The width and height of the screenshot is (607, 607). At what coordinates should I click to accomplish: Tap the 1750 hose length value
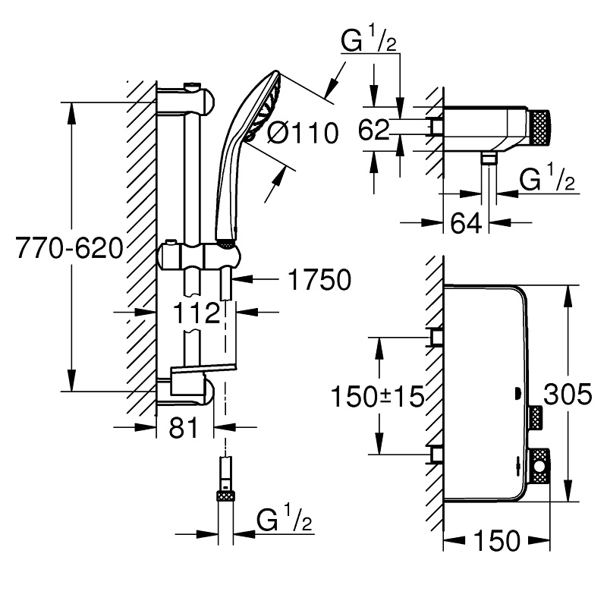click(319, 280)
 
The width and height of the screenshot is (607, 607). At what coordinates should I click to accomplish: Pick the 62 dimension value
click(373, 131)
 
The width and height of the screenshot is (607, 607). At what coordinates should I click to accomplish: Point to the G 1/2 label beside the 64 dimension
click(545, 182)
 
